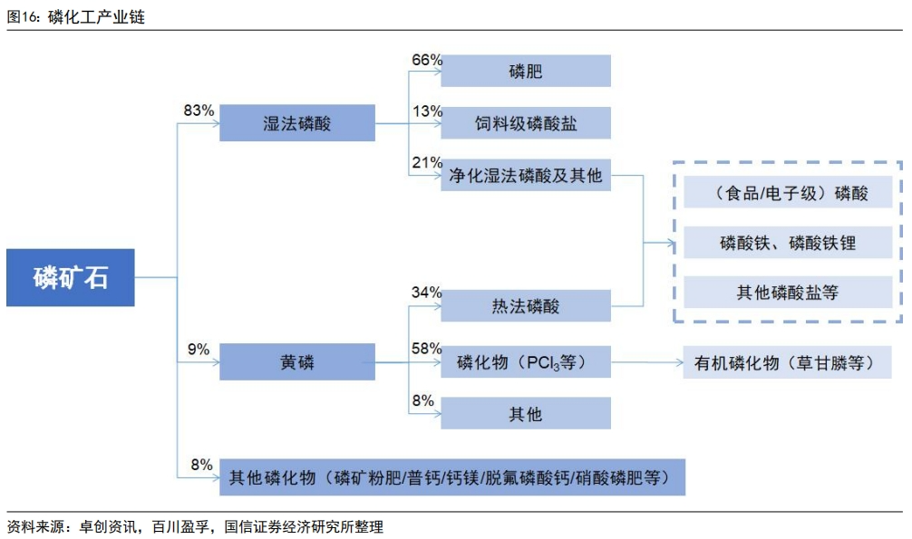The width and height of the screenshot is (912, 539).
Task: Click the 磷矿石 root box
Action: pos(71,277)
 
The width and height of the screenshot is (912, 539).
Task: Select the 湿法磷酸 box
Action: pos(297,122)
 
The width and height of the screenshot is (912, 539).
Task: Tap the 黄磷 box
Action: pos(297,361)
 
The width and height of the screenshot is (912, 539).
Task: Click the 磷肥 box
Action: pos(526,71)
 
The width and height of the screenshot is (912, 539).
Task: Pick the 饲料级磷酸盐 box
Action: pos(526,122)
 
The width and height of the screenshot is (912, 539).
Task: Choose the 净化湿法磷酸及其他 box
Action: pos(526,175)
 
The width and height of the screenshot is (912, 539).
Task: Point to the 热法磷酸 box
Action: pos(526,305)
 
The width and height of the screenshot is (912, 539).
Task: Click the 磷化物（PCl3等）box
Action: pos(526,361)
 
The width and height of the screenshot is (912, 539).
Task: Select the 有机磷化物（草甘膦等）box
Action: pos(787,362)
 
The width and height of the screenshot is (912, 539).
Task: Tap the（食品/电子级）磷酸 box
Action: pos(788,192)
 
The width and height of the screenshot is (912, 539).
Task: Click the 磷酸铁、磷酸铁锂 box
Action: pos(788,242)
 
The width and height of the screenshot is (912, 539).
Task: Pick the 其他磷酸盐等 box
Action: pos(788,292)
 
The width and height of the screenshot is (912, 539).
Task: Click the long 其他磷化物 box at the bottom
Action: pos(452,477)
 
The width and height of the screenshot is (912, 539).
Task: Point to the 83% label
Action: pos(199,110)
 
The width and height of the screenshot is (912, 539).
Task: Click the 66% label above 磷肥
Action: pos(427,60)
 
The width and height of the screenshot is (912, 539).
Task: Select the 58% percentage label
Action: pos(426,348)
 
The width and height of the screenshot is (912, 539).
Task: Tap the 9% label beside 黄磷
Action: pos(198,349)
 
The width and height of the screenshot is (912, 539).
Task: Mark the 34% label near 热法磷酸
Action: pos(426,292)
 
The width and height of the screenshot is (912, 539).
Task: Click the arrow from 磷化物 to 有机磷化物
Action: pos(646,362)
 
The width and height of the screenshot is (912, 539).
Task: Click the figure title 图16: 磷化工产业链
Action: pos(75,17)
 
